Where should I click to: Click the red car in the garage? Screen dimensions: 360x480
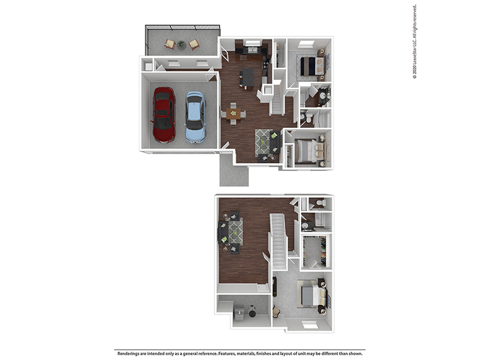[163, 115]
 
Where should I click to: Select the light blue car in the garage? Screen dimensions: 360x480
[195, 117]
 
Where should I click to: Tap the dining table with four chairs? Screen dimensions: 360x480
[233, 113]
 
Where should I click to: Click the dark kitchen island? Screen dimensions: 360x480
[247, 77]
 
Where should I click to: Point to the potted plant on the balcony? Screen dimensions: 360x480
[181, 44]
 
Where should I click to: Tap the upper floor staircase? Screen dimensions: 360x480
[278, 238]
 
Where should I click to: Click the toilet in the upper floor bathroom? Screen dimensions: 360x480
[320, 204]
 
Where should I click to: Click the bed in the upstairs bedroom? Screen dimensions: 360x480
[313, 295]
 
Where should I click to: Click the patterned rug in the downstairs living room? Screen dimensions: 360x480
[264, 142]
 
